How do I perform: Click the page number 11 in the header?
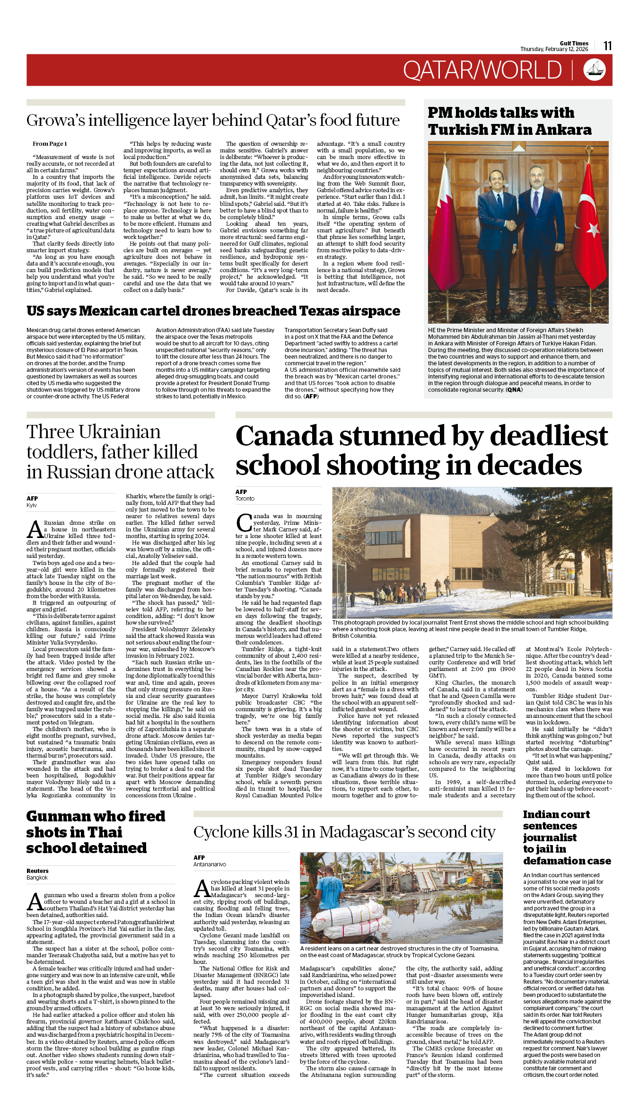(x=607, y=46)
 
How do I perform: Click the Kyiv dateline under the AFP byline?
(x=32, y=505)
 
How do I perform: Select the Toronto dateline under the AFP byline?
(x=245, y=499)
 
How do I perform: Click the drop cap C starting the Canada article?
(x=244, y=522)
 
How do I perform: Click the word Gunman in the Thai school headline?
(x=59, y=817)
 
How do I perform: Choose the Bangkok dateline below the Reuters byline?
(x=37, y=878)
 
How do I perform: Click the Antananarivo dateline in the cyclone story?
(x=210, y=864)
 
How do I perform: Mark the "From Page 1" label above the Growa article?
(x=50, y=144)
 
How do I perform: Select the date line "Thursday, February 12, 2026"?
(x=554, y=49)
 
